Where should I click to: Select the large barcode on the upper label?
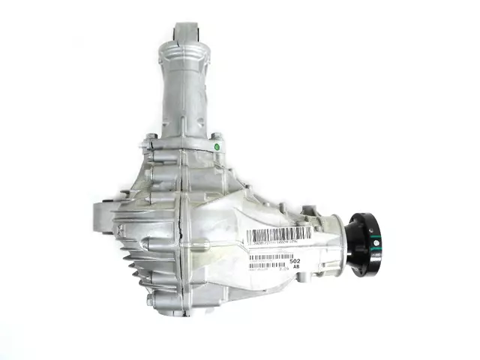tap(279, 235)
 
